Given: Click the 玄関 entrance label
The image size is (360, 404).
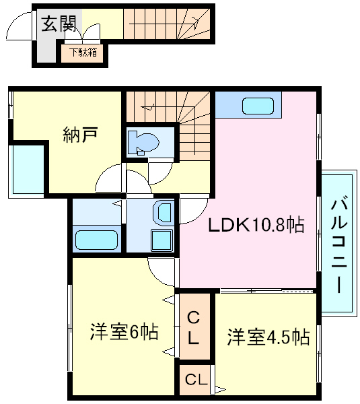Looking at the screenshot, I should tap(59, 25).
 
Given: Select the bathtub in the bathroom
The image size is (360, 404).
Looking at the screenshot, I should tap(97, 239).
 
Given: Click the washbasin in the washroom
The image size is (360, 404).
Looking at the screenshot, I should tap(163, 213).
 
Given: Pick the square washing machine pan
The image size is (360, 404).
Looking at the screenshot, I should tap(161, 240).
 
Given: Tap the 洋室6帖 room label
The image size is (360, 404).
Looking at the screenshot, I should tap(124, 332).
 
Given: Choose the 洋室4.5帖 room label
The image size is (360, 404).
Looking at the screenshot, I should tap(268, 337).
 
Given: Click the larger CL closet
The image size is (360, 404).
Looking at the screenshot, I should tap(194, 327).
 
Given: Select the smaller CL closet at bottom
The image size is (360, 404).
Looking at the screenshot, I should tap(195, 381).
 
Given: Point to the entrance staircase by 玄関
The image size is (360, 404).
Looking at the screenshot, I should tap(165, 24).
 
